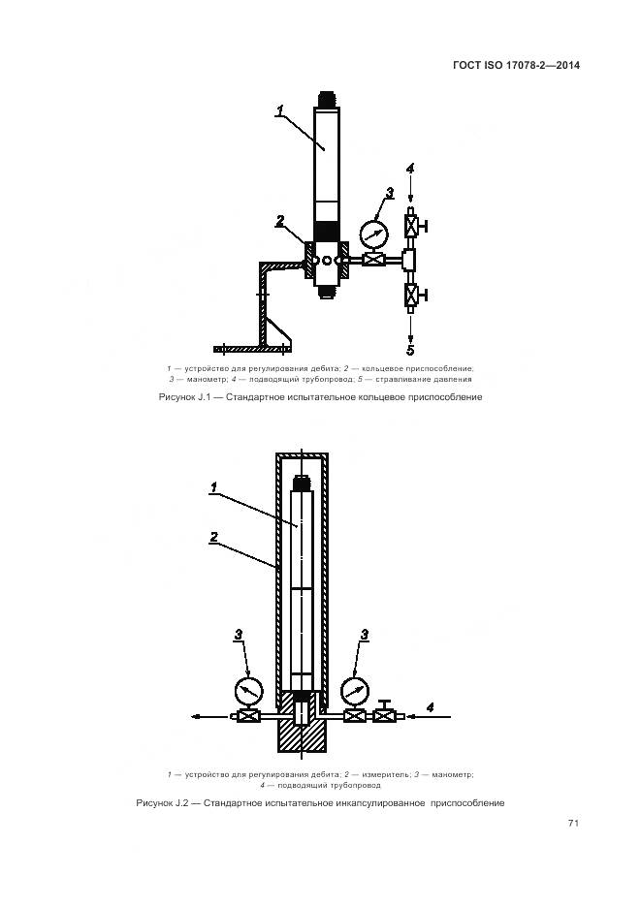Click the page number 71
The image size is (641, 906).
[x=573, y=823]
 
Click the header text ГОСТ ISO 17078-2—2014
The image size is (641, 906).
[x=517, y=66]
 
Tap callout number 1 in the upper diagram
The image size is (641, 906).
[x=278, y=112]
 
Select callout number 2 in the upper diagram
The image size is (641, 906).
[x=279, y=221]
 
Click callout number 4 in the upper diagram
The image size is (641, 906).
[x=410, y=169]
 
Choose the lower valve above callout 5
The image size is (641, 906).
[x=410, y=295]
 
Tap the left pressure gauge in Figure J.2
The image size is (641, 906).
[x=248, y=690]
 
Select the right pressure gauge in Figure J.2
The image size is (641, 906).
[x=354, y=690]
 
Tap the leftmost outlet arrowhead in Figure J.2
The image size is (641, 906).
[x=197, y=717]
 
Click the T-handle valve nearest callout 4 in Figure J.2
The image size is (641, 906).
[x=386, y=715]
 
